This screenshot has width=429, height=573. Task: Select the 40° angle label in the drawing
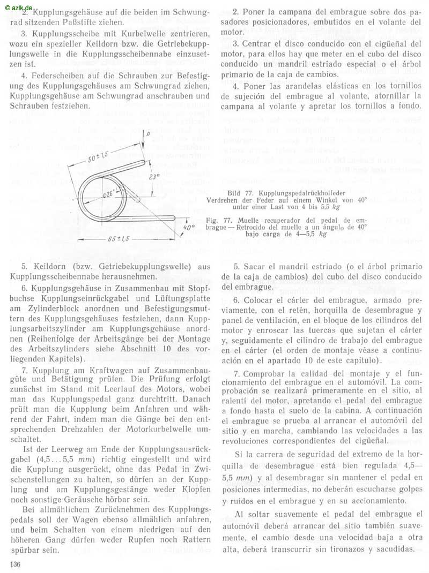189,228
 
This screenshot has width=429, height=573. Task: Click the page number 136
14,564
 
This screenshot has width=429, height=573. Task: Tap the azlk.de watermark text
20,6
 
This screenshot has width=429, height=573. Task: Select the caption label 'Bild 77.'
241,191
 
